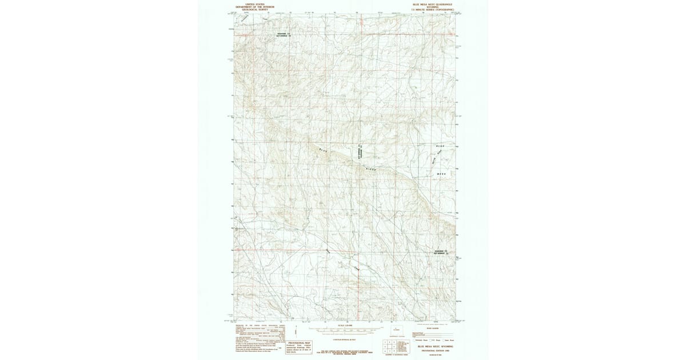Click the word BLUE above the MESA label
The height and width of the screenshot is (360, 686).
point(440,146)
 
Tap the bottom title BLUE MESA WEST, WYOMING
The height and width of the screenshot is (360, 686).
point(436,346)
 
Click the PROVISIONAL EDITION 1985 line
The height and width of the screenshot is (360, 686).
point(436,350)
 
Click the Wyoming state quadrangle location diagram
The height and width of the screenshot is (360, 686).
point(396,331)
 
